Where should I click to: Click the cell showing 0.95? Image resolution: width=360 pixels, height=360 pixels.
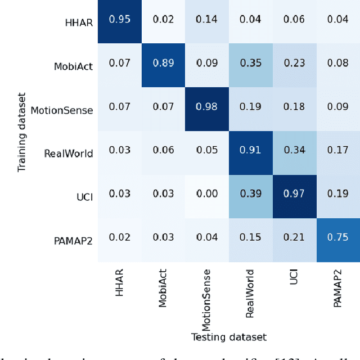point(119,20)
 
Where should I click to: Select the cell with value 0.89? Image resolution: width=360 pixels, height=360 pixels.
point(163,64)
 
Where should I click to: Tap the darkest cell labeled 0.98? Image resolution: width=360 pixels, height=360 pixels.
point(207,107)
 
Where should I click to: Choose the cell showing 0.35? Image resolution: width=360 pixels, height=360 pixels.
point(250,64)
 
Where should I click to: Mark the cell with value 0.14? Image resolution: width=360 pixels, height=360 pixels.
point(207,20)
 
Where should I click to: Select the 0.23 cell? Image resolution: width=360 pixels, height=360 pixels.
point(294,64)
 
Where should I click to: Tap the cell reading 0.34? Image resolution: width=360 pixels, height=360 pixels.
point(294,151)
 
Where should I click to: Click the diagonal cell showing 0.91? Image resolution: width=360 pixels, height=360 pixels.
point(250,151)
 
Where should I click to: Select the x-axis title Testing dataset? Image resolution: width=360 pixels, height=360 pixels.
point(228,337)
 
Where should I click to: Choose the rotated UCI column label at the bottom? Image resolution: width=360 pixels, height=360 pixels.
point(294,277)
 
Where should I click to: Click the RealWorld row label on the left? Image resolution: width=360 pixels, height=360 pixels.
point(69,154)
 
